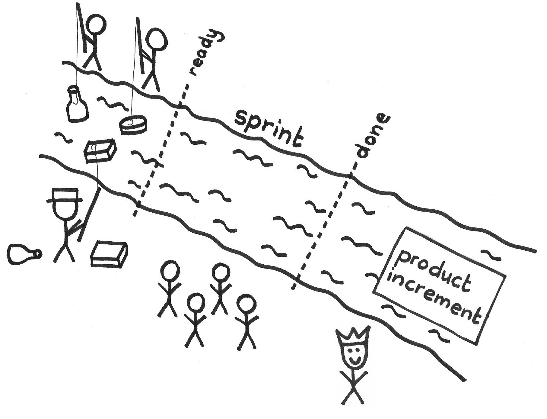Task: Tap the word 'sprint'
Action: (269, 129)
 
